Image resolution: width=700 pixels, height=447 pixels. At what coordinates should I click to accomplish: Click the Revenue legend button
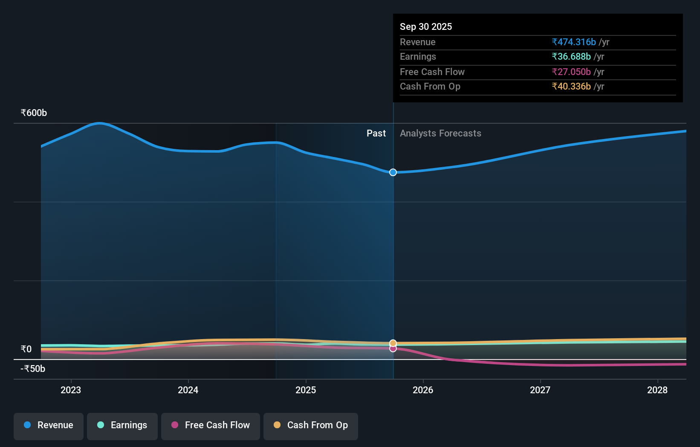tap(49, 426)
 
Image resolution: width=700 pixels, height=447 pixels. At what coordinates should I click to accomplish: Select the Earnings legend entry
tap(122, 426)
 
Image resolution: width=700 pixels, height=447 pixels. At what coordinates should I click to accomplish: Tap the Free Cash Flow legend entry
tap(211, 426)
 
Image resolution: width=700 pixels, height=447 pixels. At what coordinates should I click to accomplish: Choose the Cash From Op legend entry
tap(311, 426)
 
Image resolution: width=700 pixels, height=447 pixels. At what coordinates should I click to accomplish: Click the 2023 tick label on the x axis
tap(71, 390)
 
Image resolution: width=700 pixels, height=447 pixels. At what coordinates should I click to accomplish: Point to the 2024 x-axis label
tap(188, 390)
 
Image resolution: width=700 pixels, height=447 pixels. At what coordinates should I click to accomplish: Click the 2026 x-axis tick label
tap(423, 390)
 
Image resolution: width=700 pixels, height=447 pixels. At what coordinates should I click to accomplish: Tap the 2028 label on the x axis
tap(657, 390)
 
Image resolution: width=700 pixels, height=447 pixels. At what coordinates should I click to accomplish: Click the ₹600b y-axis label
tap(34, 113)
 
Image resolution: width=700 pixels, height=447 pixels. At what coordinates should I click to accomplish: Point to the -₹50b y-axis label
tap(33, 369)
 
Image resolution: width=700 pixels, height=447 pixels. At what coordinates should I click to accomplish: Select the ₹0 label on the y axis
tap(26, 349)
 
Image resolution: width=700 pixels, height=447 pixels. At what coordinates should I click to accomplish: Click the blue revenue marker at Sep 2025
tap(393, 172)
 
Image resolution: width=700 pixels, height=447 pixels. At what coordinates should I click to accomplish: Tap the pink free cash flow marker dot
tap(393, 349)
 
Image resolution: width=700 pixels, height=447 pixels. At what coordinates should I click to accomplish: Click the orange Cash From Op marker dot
tap(393, 343)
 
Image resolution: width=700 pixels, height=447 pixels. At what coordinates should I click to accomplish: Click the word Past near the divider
tap(376, 134)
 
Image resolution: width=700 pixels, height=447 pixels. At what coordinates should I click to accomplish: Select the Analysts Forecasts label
tap(440, 134)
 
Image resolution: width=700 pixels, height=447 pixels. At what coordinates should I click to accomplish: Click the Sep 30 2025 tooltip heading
tap(426, 27)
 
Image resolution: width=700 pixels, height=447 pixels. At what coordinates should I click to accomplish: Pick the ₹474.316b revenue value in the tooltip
tap(574, 42)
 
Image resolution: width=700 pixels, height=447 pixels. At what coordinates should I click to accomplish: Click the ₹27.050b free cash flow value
tap(571, 72)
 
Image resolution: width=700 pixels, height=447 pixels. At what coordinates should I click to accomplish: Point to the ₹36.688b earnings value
tap(571, 57)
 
